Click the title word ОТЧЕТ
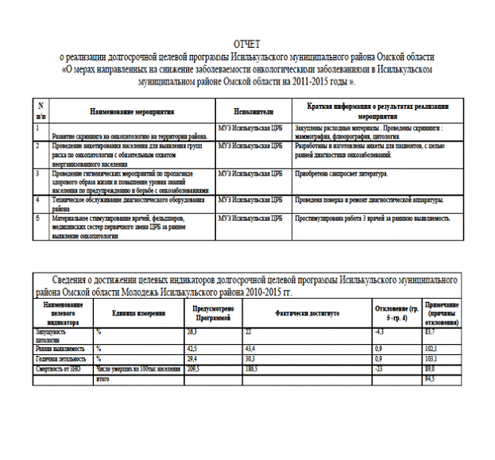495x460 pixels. (246, 45)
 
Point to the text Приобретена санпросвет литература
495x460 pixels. (340, 172)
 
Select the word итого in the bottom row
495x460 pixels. (102, 379)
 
